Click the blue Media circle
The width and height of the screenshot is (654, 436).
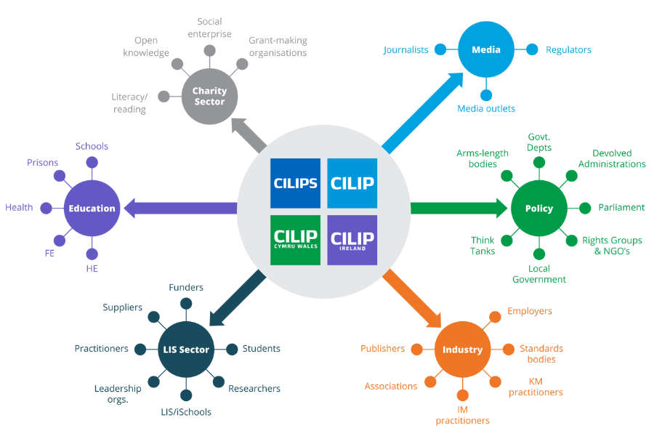[486, 50]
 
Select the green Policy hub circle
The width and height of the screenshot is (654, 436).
[538, 209]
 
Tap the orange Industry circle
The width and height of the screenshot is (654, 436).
[462, 350]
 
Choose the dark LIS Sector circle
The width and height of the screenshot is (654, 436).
[185, 350]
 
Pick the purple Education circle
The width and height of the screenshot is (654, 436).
[92, 209]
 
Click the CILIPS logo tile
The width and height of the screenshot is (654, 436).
[295, 183]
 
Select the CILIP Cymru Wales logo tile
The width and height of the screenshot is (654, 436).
[295, 240]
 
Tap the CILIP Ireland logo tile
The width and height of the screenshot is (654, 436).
[352, 240]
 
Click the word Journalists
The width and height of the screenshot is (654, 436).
[406, 50]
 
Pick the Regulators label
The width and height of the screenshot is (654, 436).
[568, 50]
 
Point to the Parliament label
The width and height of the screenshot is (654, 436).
[621, 208]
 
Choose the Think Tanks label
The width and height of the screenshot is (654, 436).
[483, 246]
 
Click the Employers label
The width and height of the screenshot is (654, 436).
[530, 312]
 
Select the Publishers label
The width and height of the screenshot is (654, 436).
[382, 349]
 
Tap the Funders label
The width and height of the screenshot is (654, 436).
[186, 288]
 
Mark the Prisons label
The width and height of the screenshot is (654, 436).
[42, 163]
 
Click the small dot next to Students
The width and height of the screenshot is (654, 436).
[232, 350]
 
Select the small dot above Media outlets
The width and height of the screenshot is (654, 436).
[486, 94]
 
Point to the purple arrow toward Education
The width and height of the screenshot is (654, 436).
[182, 209]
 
